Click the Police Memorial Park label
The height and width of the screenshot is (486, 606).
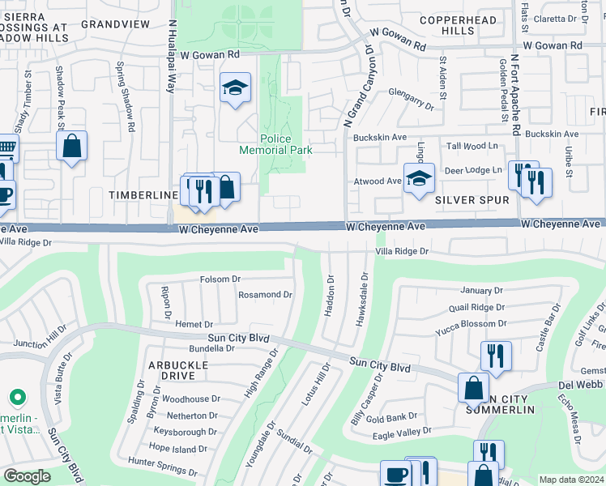pyautogui.click(x=275, y=144)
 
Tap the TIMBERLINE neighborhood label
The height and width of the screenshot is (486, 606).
pyautogui.click(x=143, y=195)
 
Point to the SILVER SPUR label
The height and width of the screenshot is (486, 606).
pyautogui.click(x=472, y=199)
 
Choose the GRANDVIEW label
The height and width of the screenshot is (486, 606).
pyautogui.click(x=116, y=24)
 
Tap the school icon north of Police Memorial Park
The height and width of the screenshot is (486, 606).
pyautogui.click(x=235, y=89)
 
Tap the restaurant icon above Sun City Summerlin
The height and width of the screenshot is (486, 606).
pyautogui.click(x=496, y=356)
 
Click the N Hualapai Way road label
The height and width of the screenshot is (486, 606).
pyautogui.click(x=172, y=57)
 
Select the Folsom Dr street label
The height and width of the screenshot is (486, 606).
pyautogui.click(x=220, y=279)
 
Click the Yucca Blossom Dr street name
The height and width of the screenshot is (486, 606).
pyautogui.click(x=471, y=323)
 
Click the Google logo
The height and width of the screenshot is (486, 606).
pyautogui.click(x=27, y=476)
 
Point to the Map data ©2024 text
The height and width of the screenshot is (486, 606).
pyautogui.click(x=570, y=480)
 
